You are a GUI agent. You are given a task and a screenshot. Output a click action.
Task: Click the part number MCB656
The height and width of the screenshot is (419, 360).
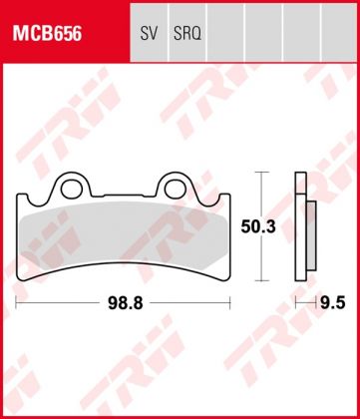point(48,32)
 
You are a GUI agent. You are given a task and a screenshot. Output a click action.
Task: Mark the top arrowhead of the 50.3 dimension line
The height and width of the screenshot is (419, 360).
point(261,175)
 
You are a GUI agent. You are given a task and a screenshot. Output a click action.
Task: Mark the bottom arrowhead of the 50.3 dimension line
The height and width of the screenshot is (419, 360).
point(261,279)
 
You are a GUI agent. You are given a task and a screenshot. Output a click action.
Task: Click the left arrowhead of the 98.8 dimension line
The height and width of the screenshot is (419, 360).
point(19,298)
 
